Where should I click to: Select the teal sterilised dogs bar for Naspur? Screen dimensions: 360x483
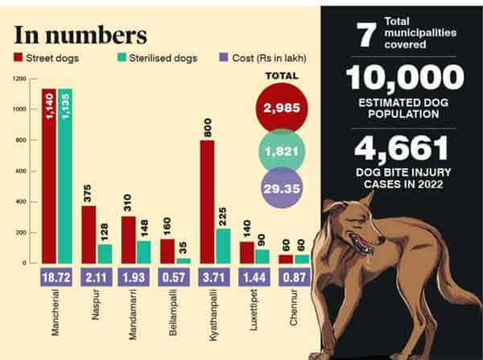pos(105,253)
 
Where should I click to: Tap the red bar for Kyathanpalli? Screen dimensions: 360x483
pos(207,201)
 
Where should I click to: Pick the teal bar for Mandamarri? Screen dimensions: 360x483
pos(144,251)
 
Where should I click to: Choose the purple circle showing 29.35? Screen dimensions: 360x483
pos(279,188)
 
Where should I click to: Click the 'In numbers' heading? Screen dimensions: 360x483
pos(80,35)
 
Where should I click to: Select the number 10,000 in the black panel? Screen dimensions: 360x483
pos(405,79)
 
